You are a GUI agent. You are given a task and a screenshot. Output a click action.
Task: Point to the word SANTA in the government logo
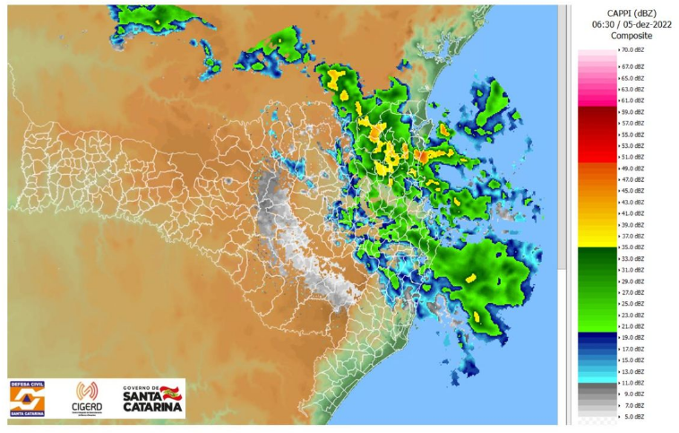141,395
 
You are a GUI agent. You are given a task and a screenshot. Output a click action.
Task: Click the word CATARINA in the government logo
152,407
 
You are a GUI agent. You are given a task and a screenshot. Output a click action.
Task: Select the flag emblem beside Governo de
171,392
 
